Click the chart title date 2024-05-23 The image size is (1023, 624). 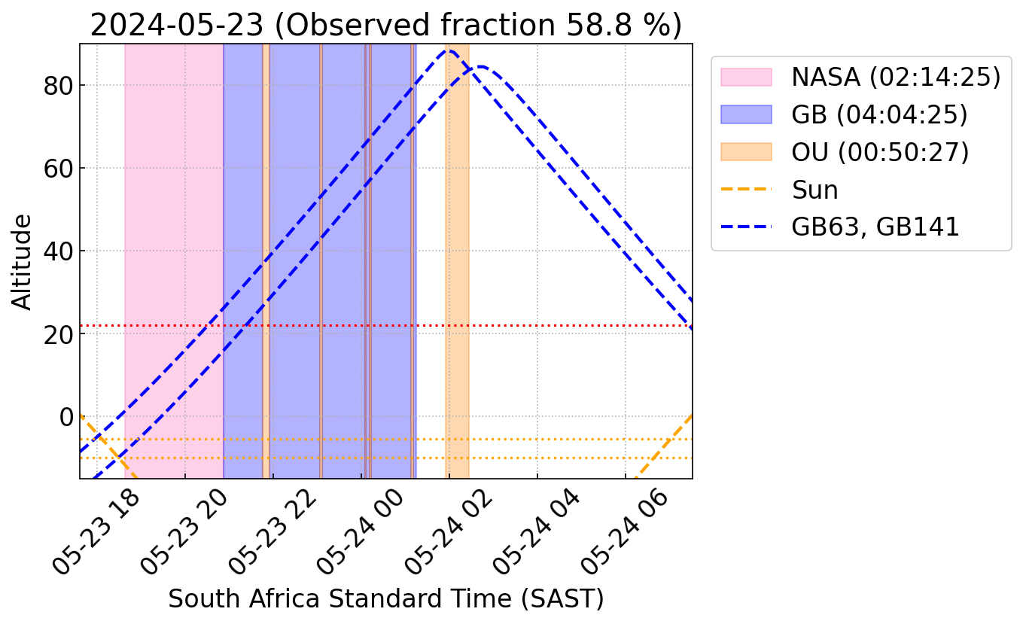(x=177, y=25)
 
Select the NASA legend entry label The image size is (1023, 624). (x=896, y=77)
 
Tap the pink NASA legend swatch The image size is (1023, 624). (x=746, y=77)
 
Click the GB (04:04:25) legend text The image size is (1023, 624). (x=879, y=114)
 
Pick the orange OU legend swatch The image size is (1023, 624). (x=746, y=151)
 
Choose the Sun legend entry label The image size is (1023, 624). (x=814, y=190)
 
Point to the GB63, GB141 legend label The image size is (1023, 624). (x=875, y=227)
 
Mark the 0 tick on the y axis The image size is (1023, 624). (x=66, y=417)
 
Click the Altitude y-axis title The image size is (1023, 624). (x=22, y=262)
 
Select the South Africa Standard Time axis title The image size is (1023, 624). (x=386, y=599)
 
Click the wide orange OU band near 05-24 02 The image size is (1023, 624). (x=457, y=261)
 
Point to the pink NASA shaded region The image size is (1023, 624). (x=174, y=261)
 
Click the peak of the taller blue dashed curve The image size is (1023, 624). (x=450, y=50)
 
